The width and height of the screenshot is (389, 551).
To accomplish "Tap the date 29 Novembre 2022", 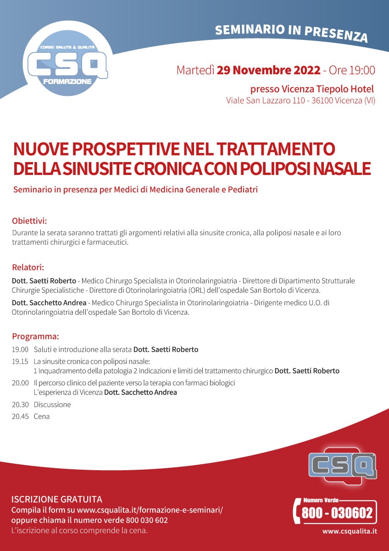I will point(268,70).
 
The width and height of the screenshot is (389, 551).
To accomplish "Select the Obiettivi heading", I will point(29,220).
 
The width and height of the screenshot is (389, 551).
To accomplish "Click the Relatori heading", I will point(28,267).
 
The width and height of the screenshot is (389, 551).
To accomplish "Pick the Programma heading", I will point(35,336).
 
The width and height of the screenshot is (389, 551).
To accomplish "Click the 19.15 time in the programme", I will point(20,361).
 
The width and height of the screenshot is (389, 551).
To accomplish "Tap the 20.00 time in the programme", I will point(20,383).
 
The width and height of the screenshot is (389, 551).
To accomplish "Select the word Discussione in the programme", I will point(52,405).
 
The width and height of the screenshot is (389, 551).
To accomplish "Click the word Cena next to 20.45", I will point(42,416).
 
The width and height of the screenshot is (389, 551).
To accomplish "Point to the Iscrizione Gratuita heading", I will point(56,499).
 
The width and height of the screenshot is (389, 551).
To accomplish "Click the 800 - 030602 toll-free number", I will point(337,512).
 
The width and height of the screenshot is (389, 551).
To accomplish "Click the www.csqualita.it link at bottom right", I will point(350,531).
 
